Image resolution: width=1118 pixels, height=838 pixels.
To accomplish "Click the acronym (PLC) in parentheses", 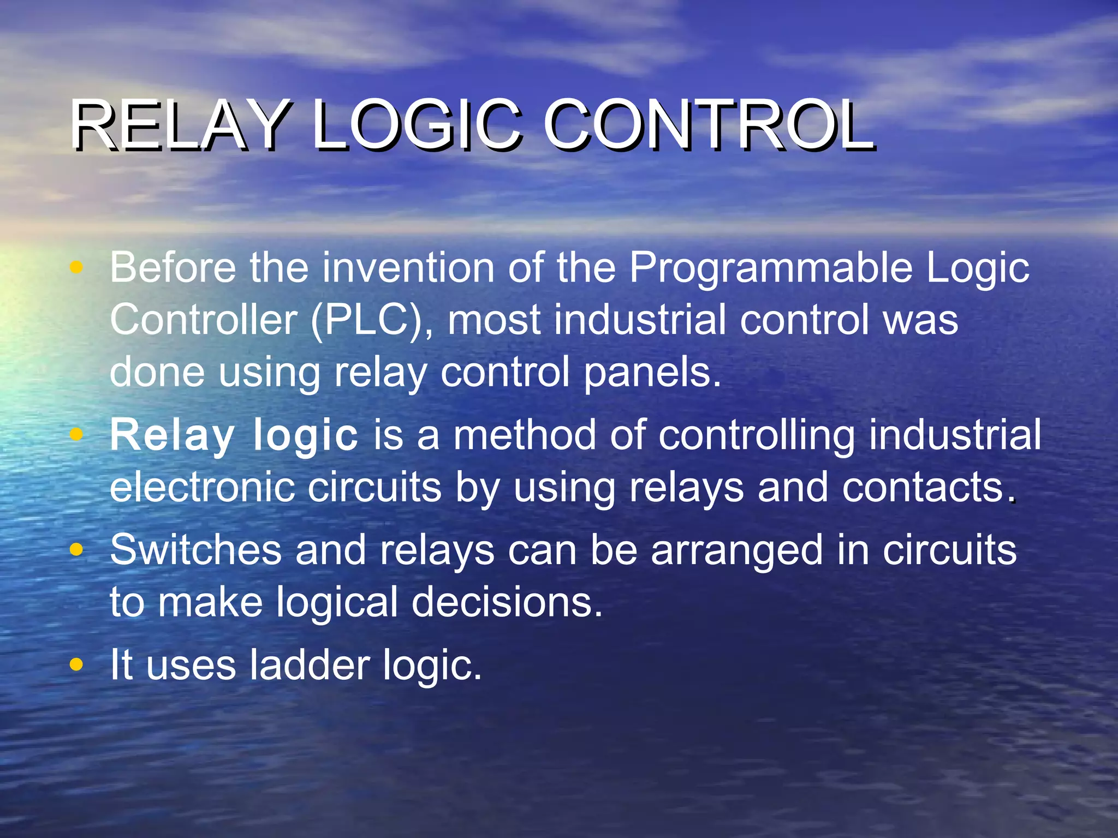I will point(371,320).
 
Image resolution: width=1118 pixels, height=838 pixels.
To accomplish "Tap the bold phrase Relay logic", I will point(234,435).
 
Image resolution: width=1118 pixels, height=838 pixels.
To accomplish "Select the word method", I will point(525,435).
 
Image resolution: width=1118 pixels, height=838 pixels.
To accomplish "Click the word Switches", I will point(195,550).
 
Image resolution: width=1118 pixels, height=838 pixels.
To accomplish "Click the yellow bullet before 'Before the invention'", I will point(77,267).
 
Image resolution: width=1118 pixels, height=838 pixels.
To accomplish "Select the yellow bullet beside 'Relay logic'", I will point(77,434).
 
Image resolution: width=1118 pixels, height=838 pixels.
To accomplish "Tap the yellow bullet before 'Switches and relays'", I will point(77,549).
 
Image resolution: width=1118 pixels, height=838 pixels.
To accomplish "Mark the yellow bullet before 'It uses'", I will point(77,665).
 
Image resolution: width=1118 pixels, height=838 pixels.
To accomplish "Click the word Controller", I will point(203,320).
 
